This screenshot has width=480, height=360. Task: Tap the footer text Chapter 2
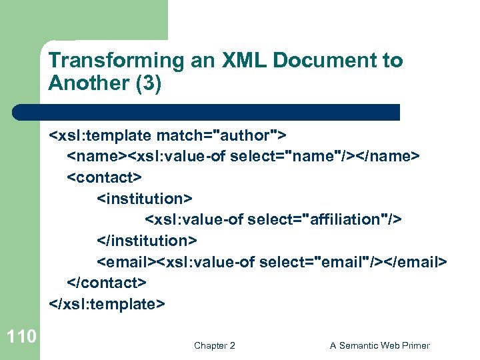(x=214, y=345)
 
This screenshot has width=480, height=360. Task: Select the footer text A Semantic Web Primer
(x=380, y=345)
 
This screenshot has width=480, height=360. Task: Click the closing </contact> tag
(x=107, y=282)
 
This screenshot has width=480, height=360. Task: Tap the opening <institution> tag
(x=145, y=199)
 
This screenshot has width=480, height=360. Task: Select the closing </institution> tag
(x=147, y=241)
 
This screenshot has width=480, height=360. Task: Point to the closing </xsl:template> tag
(x=107, y=303)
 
